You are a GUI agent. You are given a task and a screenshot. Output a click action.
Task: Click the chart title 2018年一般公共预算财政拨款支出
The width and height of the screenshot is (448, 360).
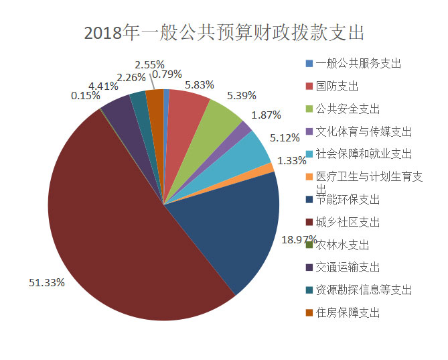pos(224,33)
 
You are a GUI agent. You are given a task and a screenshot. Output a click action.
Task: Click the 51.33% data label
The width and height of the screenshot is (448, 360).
pos(46,282)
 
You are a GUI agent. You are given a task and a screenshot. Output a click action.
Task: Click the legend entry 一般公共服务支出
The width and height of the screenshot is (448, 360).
pos(358,64)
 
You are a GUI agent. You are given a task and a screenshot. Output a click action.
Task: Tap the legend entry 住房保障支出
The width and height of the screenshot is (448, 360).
pos(347,312)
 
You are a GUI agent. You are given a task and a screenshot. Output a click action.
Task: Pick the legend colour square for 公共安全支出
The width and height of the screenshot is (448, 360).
pos(309,109)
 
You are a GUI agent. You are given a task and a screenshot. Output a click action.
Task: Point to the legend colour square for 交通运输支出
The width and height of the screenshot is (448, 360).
pos(309,267)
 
